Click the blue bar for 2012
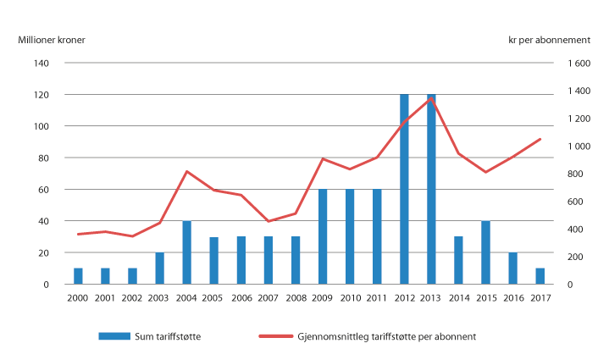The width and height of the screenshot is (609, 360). click(x=404, y=189)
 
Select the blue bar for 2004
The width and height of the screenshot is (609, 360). click(x=187, y=252)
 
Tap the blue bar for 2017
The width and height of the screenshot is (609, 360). click(x=540, y=276)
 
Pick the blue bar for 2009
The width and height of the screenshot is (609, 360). click(x=323, y=236)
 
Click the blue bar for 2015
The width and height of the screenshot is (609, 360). click(x=485, y=252)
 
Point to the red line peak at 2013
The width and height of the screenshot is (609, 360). click(x=431, y=97)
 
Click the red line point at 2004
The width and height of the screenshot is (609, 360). click(x=187, y=172)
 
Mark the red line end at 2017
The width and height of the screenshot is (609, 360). click(x=540, y=139)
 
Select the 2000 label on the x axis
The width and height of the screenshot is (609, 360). click(x=78, y=298)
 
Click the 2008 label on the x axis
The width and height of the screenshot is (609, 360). click(x=296, y=298)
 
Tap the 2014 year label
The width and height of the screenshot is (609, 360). click(x=458, y=298)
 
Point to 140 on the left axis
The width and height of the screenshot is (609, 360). click(x=41, y=64)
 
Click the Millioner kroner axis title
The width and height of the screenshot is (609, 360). click(x=52, y=38)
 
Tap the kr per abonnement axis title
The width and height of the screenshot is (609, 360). click(x=565, y=38)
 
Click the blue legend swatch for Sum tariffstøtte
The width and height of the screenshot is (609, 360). click(x=113, y=336)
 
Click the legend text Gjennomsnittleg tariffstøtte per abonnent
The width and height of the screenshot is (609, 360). click(x=388, y=336)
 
